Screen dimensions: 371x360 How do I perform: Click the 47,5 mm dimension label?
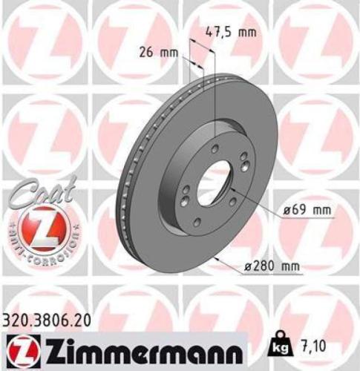(229, 32)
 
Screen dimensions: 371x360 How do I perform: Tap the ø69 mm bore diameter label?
(305, 210)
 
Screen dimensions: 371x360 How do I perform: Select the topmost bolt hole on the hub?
(214, 150)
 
